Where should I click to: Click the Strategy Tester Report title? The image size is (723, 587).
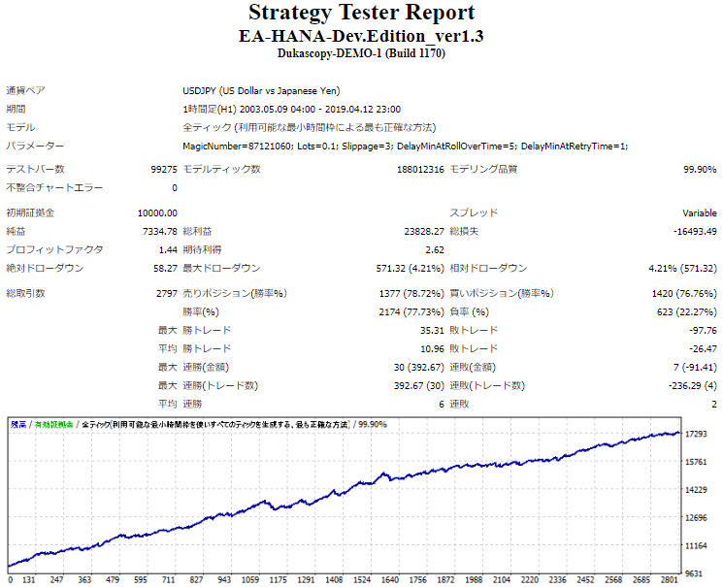point(361,14)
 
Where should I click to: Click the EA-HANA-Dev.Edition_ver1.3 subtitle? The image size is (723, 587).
point(361,36)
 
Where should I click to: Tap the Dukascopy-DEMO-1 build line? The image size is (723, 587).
point(361,54)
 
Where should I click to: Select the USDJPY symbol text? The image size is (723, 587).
point(202,90)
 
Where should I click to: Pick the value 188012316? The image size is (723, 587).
point(421,169)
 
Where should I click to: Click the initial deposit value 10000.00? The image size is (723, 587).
point(157,212)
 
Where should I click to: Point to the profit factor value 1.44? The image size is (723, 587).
point(168,249)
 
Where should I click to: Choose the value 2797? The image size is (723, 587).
point(167,293)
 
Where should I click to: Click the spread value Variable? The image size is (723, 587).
point(700,212)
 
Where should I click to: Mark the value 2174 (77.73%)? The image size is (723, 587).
point(411,311)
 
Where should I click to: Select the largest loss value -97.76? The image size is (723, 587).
point(702,330)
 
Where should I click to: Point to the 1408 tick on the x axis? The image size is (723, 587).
point(333,580)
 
